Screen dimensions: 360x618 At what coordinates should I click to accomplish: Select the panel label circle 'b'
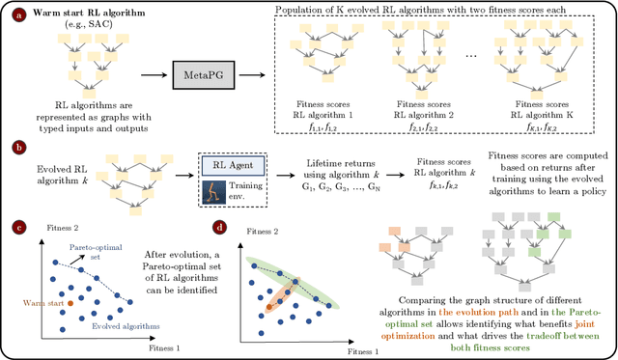11,148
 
